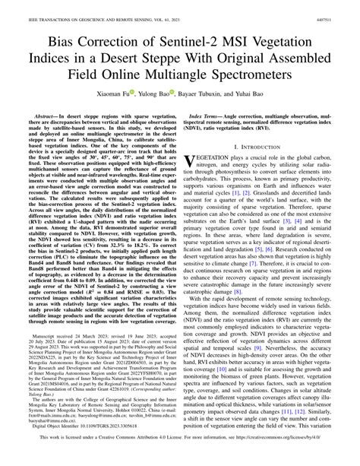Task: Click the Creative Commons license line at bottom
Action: click(x=180, y=458)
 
